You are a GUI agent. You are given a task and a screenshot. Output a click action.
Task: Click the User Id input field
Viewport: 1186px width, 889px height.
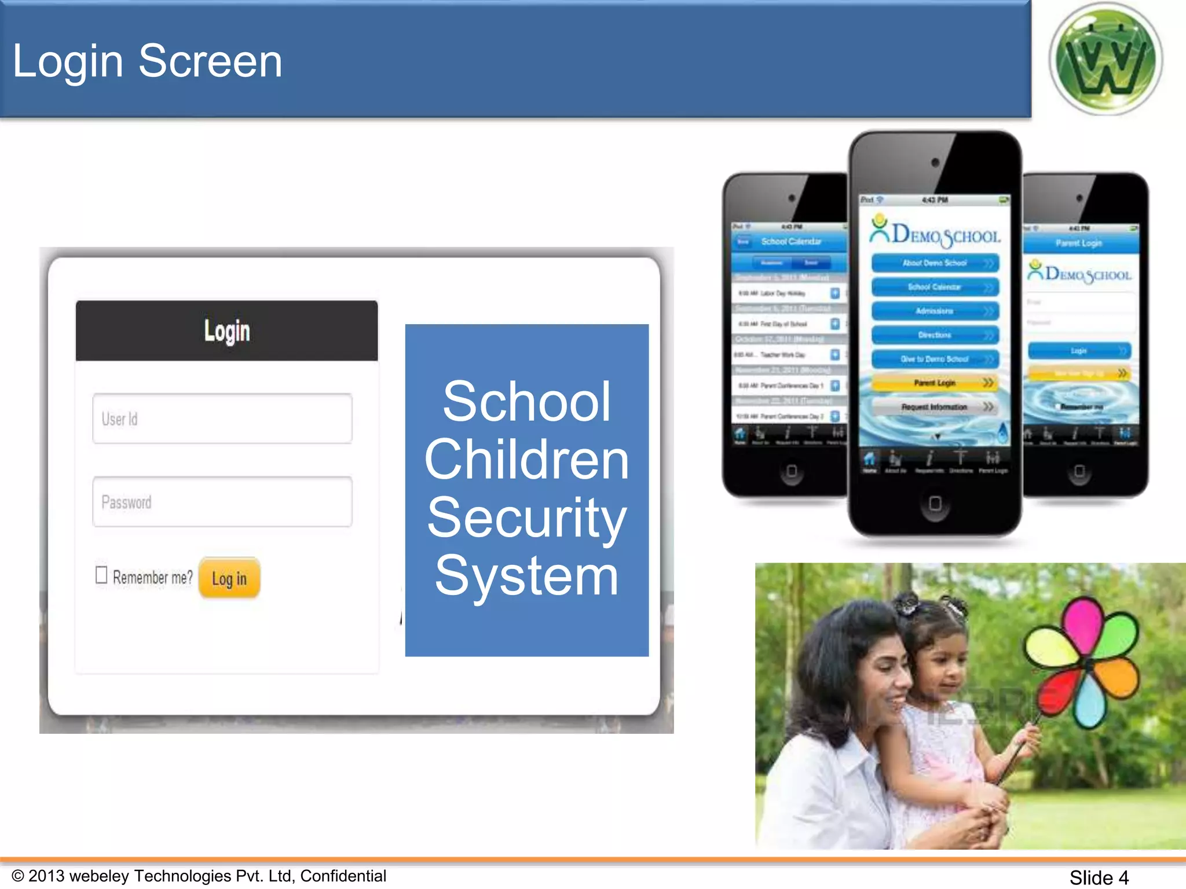[222, 418]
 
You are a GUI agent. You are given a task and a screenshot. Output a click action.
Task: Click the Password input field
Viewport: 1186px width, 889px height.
[222, 502]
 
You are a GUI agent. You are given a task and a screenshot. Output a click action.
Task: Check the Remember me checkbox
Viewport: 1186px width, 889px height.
[101, 575]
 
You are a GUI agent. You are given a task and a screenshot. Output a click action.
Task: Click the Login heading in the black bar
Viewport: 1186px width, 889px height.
[227, 331]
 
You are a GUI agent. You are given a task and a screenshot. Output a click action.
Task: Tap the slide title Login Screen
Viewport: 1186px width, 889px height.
[147, 61]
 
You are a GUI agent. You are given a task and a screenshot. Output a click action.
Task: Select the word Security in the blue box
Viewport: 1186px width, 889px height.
[526, 517]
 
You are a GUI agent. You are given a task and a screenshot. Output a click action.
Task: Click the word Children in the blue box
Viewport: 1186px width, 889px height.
[526, 459]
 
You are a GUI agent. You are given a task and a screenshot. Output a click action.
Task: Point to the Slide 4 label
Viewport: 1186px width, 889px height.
[1099, 877]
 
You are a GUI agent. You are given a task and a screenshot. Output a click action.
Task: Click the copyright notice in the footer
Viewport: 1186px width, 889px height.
[199, 876]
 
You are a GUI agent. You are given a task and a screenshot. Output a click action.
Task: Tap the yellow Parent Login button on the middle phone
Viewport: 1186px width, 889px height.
[935, 383]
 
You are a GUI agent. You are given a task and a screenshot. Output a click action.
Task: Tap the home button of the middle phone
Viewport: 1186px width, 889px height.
[935, 503]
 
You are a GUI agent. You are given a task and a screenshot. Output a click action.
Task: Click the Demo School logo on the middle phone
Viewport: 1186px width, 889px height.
[935, 233]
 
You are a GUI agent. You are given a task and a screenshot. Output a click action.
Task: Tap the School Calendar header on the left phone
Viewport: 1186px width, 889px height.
[791, 241]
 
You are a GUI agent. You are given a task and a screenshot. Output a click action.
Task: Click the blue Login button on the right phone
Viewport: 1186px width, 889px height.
[1079, 351]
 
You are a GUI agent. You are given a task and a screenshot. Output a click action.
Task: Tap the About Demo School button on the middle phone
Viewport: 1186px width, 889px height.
[935, 263]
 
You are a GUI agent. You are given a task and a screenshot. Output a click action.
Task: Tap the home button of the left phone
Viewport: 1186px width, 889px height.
[792, 471]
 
